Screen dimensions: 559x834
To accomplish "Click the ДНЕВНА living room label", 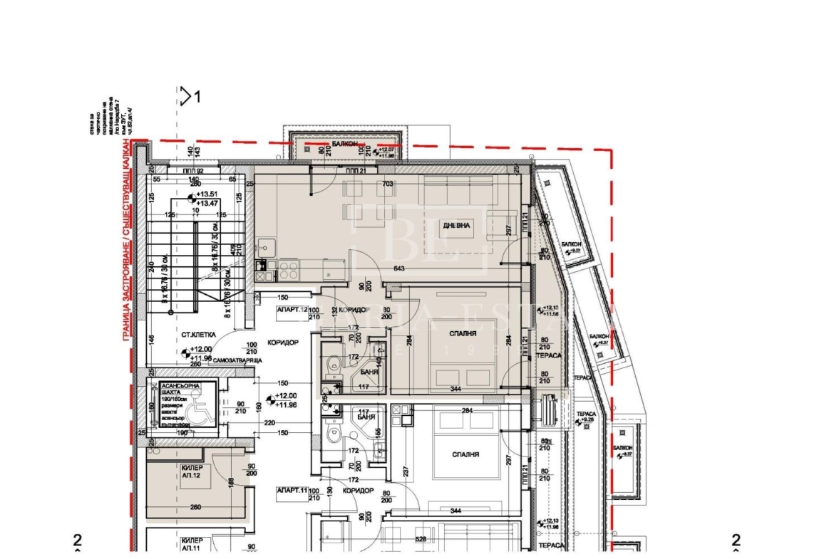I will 457,225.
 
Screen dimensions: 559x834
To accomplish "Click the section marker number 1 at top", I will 197,96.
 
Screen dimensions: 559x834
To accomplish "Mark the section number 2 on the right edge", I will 736,540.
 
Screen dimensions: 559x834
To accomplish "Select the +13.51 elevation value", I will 208,194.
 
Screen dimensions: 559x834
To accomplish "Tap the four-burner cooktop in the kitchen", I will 288,270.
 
